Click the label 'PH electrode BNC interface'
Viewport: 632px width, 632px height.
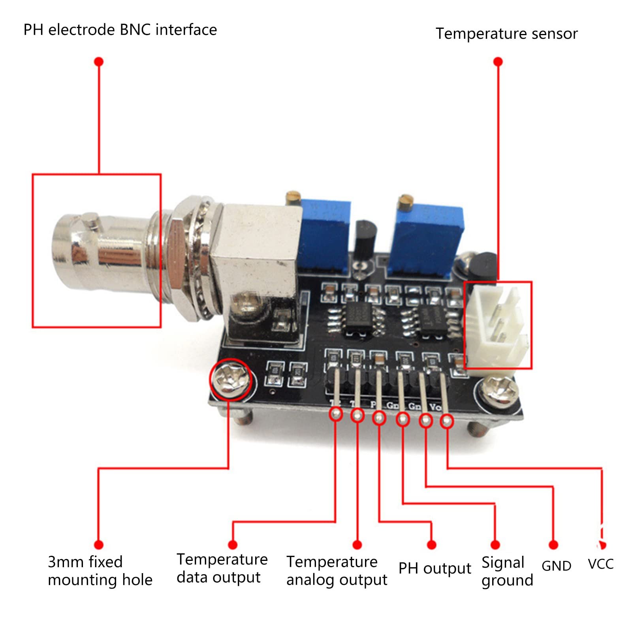120,30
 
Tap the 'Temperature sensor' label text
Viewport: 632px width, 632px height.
506,34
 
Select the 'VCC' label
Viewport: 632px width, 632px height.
600,564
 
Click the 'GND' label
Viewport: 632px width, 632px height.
556,566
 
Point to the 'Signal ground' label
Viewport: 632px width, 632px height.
507,571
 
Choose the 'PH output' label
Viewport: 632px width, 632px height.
434,568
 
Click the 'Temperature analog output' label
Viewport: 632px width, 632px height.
336,571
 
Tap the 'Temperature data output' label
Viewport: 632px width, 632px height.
222,568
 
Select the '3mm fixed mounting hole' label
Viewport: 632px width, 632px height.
100,571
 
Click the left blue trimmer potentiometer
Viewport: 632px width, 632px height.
324,237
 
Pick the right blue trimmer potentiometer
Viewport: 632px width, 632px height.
427,239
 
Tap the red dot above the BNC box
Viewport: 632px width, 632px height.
99,62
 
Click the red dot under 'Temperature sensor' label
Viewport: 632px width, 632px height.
498,62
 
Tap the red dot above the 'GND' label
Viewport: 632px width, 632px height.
553,545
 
